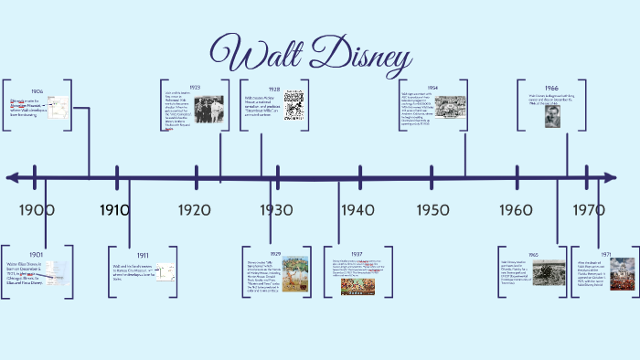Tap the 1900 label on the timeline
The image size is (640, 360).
[x=37, y=210]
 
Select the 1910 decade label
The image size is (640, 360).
[x=114, y=210]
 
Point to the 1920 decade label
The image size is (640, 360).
[x=194, y=210]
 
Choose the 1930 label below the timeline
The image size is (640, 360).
[x=275, y=210]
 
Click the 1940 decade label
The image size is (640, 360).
[x=357, y=210]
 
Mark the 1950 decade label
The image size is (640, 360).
[x=432, y=210]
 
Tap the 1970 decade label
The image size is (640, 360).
[x=589, y=210]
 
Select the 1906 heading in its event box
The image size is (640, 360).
[x=37, y=92]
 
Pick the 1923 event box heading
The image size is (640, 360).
[x=195, y=87]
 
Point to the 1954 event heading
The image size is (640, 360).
[x=432, y=88]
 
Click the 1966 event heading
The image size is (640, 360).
[x=552, y=88]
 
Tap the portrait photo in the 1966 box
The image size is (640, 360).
[x=552, y=117]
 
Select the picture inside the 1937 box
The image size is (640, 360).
[x=357, y=286]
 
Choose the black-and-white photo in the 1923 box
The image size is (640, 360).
[x=208, y=109]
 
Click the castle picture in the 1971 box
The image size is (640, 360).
[x=623, y=273]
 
